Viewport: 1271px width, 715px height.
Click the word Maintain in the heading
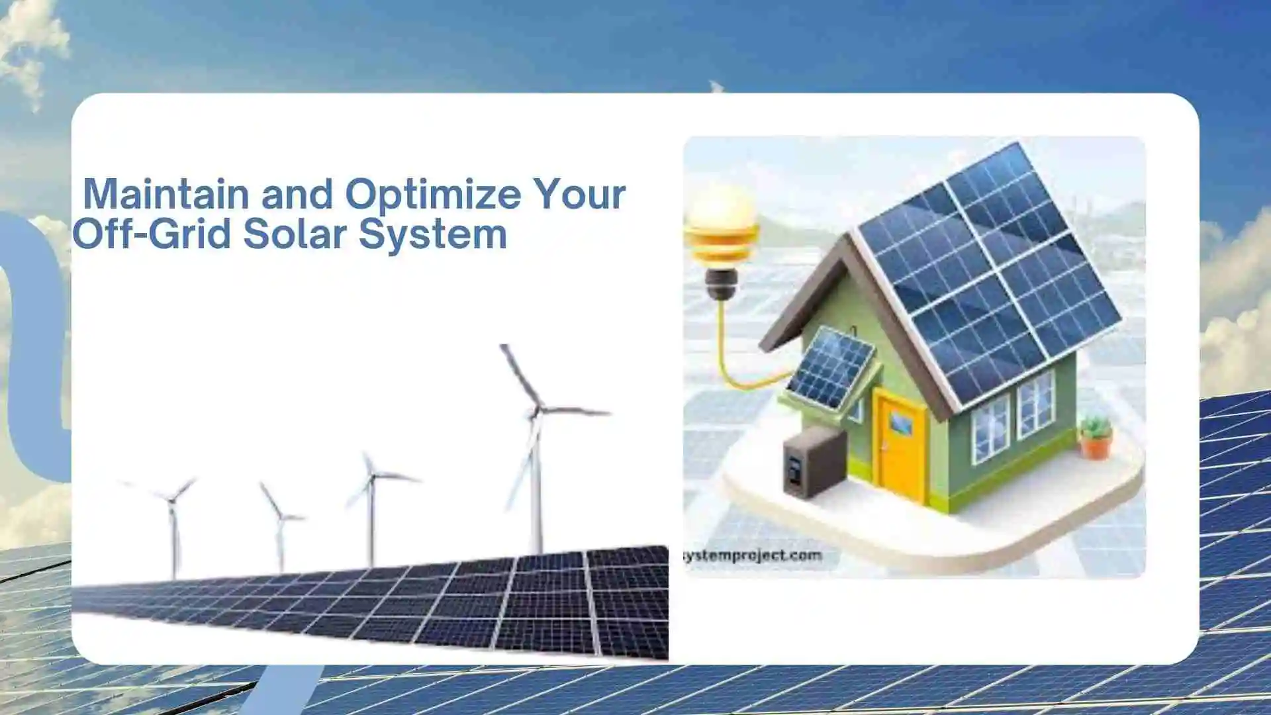click(165, 194)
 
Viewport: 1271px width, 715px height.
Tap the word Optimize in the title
click(433, 194)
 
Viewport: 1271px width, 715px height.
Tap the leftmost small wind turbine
click(173, 523)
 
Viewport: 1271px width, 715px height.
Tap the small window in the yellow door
click(900, 423)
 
